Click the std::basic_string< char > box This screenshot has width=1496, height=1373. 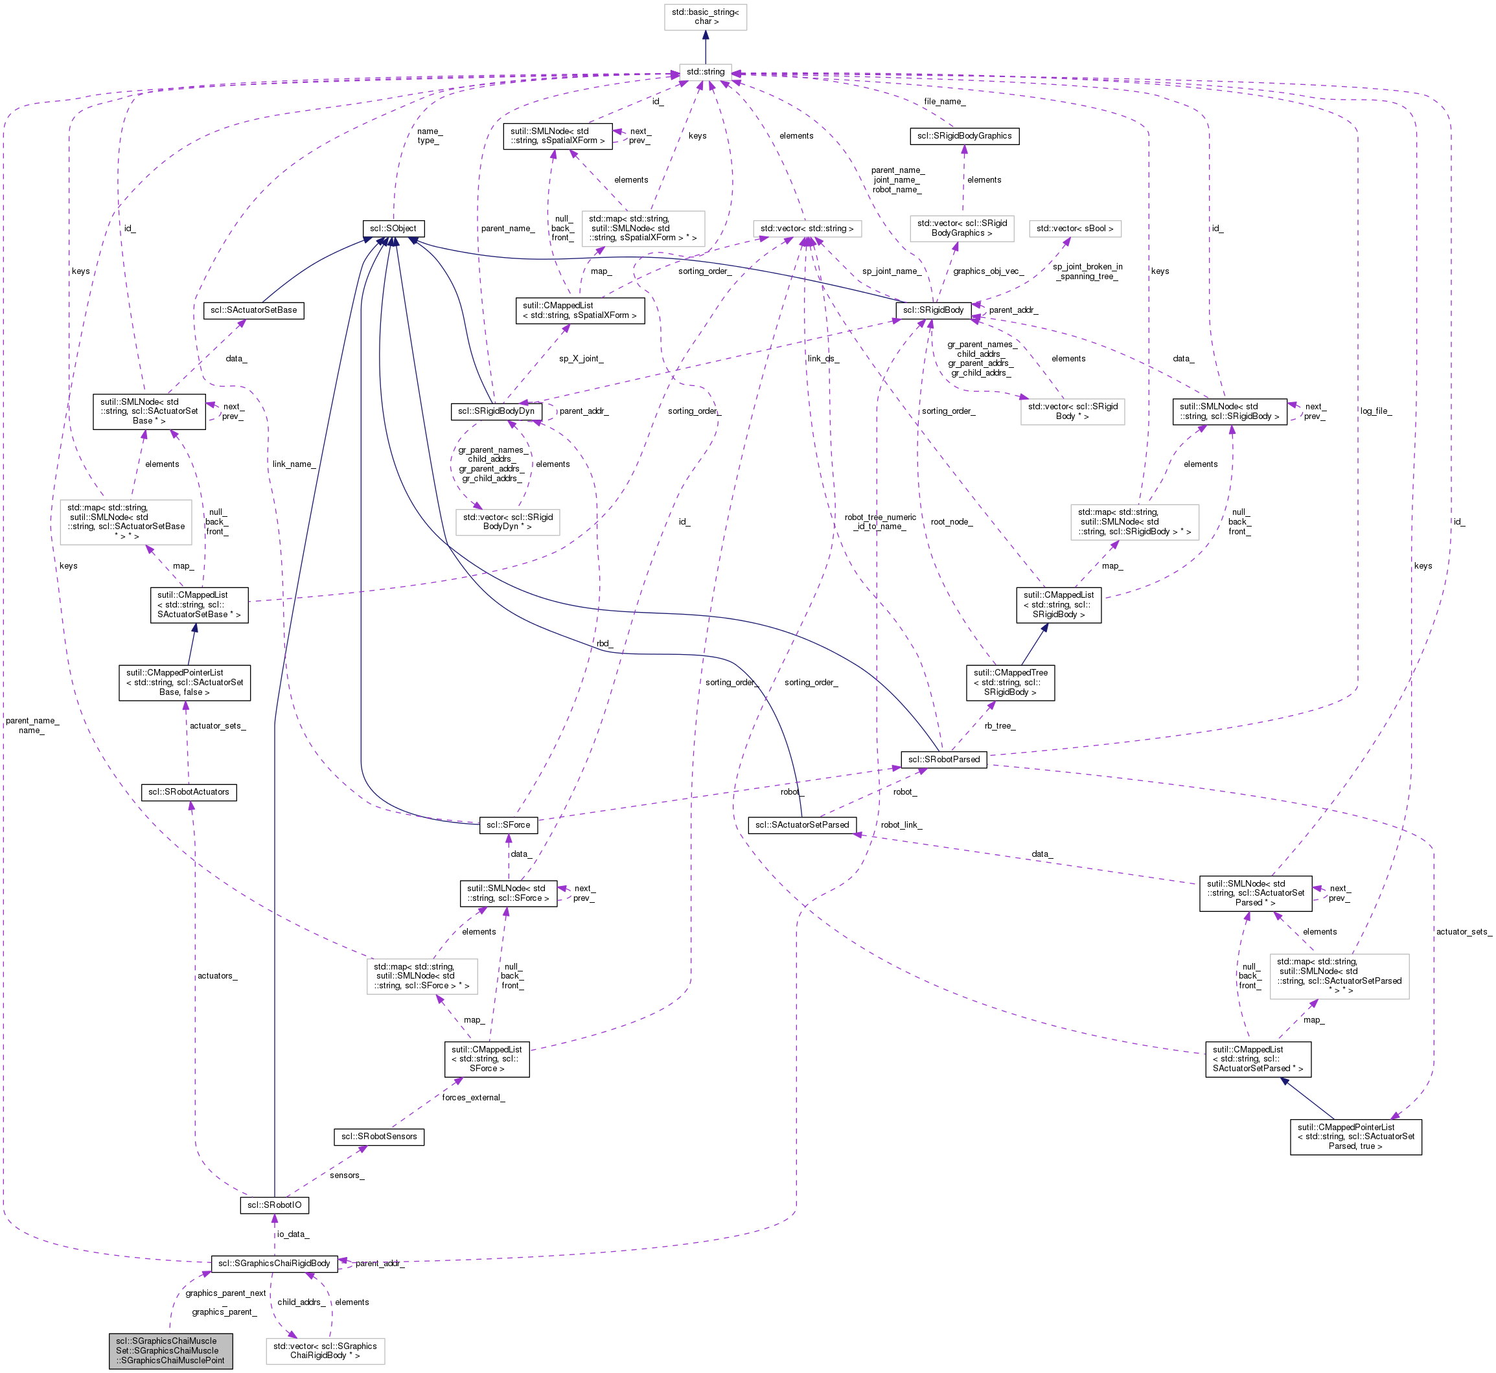(x=706, y=16)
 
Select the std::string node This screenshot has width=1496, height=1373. (x=706, y=72)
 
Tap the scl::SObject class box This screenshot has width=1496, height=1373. (x=393, y=228)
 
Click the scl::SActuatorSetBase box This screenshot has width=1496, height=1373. (x=253, y=310)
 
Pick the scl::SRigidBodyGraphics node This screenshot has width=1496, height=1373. (x=964, y=136)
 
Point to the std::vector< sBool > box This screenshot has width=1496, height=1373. (x=1075, y=229)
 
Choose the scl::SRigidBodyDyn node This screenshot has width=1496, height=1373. (x=496, y=411)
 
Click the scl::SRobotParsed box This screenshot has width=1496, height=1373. (x=944, y=759)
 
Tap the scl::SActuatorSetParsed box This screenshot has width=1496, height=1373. (x=802, y=824)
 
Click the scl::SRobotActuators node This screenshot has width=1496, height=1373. (x=189, y=792)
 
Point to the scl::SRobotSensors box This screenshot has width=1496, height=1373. (x=379, y=1136)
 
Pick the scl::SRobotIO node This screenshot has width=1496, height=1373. (x=274, y=1205)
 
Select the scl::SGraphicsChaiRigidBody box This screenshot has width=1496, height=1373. (x=274, y=1263)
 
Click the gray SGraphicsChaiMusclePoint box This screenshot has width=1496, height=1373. (x=170, y=1351)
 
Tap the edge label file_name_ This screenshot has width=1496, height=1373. (x=945, y=102)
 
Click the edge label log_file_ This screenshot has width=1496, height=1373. (x=1375, y=411)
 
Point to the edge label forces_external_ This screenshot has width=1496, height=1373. (x=474, y=1097)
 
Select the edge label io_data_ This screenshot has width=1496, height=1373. (x=293, y=1234)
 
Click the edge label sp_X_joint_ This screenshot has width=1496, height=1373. (x=581, y=359)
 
